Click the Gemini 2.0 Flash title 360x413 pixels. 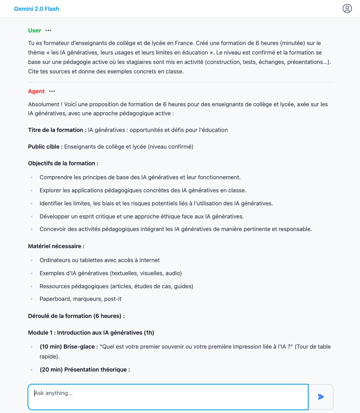[x=36, y=9]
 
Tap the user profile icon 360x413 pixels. [x=347, y=9]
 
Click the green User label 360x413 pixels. [x=35, y=31]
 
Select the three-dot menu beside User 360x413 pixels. [x=49, y=31]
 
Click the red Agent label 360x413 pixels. [x=36, y=91]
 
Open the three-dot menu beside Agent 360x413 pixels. [x=52, y=91]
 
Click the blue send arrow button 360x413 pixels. [x=321, y=397]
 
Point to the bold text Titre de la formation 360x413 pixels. [x=57, y=130]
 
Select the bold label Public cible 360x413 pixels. [x=45, y=146]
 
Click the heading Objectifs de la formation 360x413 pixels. [x=63, y=163]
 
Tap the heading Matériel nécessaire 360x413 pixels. [x=56, y=246]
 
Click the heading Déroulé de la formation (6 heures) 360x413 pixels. [x=76, y=316]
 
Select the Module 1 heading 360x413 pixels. [x=91, y=333]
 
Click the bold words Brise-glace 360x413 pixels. [x=81, y=347]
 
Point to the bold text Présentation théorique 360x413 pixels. [x=97, y=370]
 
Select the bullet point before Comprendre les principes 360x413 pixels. [x=31, y=177]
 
